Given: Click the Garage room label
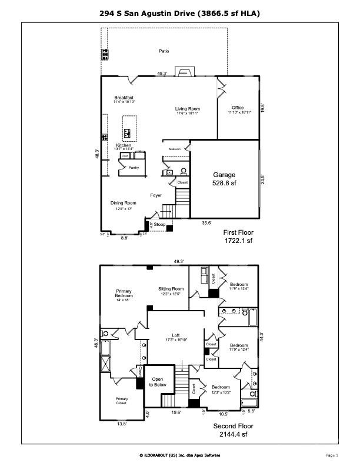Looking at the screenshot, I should pyautogui.click(x=224, y=175).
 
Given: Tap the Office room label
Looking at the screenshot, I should pyautogui.click(x=237, y=108).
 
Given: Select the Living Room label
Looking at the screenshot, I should pyautogui.click(x=188, y=109).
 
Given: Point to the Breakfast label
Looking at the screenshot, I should pyautogui.click(x=124, y=98).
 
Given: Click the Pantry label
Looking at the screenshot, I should pyautogui.click(x=134, y=167).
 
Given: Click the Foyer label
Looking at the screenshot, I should pyautogui.click(x=155, y=195).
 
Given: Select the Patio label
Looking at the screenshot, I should pyautogui.click(x=164, y=51).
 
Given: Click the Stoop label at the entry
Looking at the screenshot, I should pyautogui.click(x=159, y=224).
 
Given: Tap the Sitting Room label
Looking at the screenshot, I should pyautogui.click(x=171, y=289).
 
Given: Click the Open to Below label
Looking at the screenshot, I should pyautogui.click(x=158, y=382).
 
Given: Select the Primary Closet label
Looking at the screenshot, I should pyautogui.click(x=121, y=401).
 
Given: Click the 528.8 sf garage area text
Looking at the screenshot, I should pyautogui.click(x=224, y=183).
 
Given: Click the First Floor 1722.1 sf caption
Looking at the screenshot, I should pyautogui.click(x=238, y=237).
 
